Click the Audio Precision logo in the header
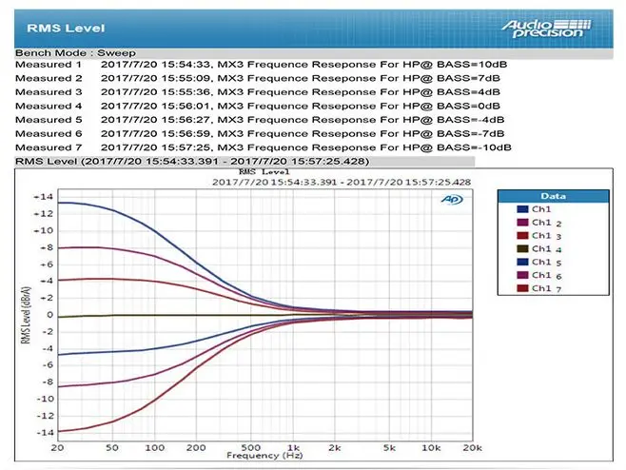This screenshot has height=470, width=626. (546, 29)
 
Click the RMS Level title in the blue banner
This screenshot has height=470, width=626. (66, 29)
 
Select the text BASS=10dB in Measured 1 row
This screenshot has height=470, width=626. (472, 65)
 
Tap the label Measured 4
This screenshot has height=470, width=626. (49, 106)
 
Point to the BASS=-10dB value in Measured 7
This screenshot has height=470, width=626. (474, 147)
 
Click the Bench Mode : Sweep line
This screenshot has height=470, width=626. (75, 52)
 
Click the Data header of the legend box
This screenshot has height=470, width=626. (553, 196)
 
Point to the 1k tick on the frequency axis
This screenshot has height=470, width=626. (293, 447)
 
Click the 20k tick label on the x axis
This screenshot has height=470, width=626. (472, 447)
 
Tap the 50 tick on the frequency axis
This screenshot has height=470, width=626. (112, 447)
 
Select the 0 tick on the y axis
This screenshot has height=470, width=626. (49, 315)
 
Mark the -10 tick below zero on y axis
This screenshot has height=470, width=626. (45, 399)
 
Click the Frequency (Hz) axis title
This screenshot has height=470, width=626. (264, 456)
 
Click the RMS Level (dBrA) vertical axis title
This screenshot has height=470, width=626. (26, 315)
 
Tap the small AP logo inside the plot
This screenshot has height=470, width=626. (452, 199)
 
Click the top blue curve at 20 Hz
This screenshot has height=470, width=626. (58, 203)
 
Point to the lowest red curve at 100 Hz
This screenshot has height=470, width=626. (154, 400)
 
